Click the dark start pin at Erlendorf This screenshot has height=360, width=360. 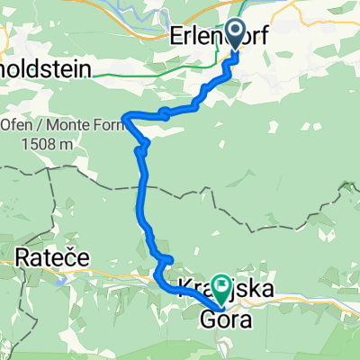click(236, 34)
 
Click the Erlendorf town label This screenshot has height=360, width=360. click(220, 37)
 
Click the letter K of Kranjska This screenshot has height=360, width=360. click(185, 290)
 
